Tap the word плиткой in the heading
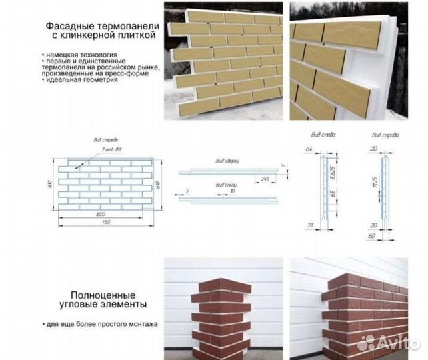point(135,35)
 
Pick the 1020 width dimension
point(102,215)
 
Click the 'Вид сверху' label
point(228,161)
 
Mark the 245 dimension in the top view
point(265,178)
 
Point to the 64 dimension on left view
point(309,148)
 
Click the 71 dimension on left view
point(310,227)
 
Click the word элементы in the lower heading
point(133,305)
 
